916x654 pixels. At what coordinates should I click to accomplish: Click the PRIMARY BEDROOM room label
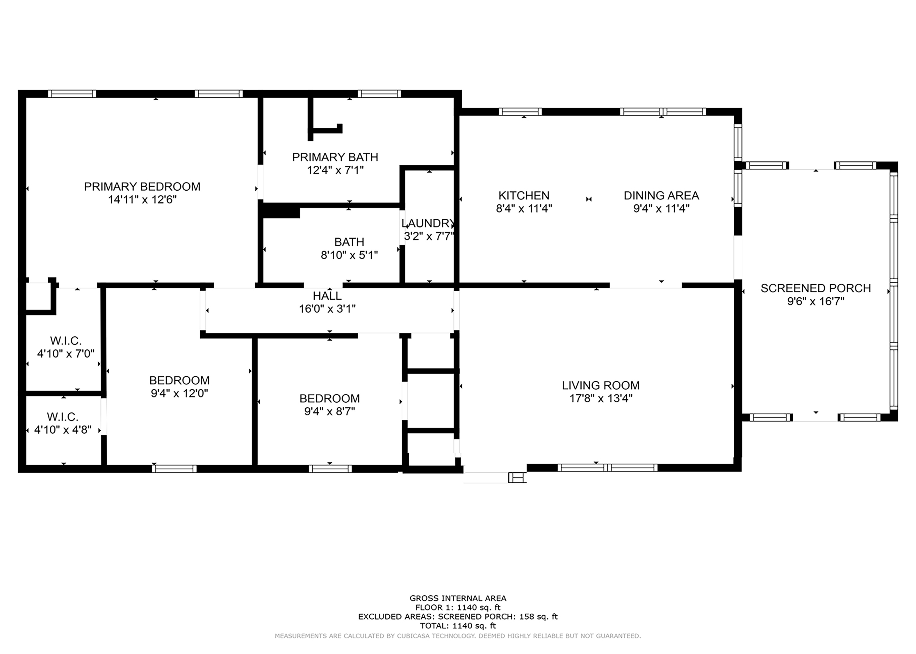142,186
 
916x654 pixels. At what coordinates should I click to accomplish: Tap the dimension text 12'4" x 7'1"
335,170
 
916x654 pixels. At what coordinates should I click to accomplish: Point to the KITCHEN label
524,195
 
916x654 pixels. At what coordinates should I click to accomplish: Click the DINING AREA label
662,195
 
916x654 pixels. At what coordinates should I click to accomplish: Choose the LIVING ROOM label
600,385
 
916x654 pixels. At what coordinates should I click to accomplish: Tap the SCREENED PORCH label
816,288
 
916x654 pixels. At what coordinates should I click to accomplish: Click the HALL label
327,296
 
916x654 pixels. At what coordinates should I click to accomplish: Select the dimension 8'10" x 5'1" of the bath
349,255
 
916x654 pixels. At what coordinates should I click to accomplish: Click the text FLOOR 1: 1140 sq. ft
458,607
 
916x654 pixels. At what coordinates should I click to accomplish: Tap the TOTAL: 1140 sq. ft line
458,626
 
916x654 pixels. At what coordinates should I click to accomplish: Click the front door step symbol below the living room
518,478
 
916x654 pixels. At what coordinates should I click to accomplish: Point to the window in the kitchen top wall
520,112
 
